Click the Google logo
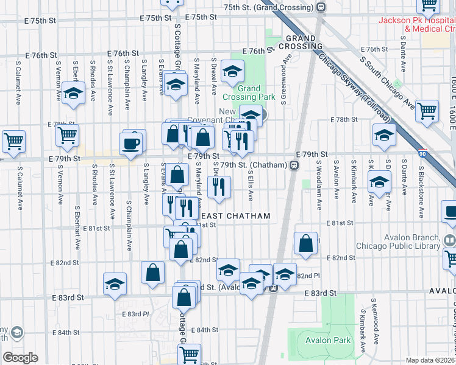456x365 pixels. click(x=20, y=358)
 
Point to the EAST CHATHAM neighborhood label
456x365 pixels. click(x=235, y=217)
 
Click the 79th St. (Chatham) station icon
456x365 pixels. click(x=294, y=165)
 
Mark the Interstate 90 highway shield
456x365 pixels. click(x=422, y=155)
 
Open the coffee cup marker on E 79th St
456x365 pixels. click(x=132, y=144)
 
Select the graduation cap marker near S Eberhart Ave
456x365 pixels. click(x=74, y=94)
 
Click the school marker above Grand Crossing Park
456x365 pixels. click(x=232, y=73)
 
